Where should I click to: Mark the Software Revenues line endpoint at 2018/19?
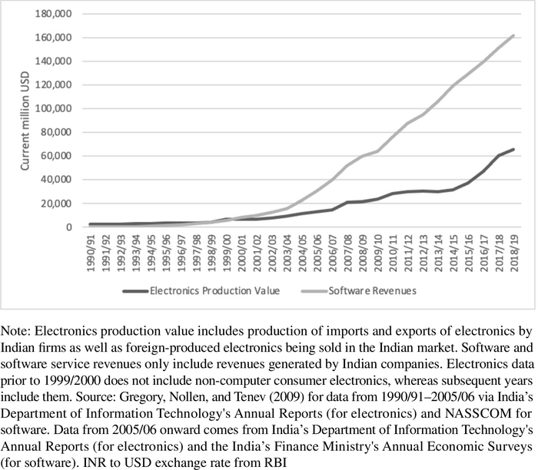click(513, 35)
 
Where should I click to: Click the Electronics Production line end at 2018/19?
click(513, 150)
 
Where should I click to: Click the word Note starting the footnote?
click(15, 331)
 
